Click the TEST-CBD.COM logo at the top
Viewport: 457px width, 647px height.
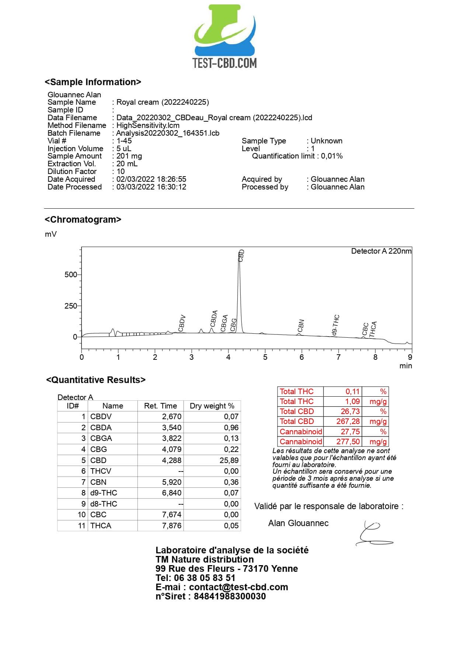(x=225, y=37)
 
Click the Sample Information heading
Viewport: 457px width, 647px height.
(x=93, y=82)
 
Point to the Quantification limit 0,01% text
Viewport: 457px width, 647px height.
(x=297, y=156)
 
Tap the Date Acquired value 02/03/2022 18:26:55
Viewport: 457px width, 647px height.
(x=151, y=179)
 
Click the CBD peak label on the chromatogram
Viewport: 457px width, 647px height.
(x=241, y=255)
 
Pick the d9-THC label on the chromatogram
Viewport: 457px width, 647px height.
(x=335, y=325)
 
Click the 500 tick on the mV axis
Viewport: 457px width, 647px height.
(x=71, y=275)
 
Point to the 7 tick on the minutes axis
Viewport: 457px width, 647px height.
(x=338, y=357)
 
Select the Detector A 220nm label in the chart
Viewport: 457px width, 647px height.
(x=381, y=251)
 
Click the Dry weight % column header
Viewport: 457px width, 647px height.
(x=212, y=406)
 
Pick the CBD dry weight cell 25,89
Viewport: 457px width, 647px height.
(x=229, y=460)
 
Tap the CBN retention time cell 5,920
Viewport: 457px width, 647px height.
(x=172, y=482)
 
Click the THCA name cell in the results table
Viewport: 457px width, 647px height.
(x=101, y=526)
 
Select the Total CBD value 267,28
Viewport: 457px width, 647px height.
(x=348, y=421)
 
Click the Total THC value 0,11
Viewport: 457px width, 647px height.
(x=352, y=392)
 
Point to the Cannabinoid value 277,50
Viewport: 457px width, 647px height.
(x=348, y=442)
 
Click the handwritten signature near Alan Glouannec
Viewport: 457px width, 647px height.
(x=373, y=534)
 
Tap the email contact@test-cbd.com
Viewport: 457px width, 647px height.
(x=238, y=587)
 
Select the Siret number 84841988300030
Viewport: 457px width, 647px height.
(x=230, y=596)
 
